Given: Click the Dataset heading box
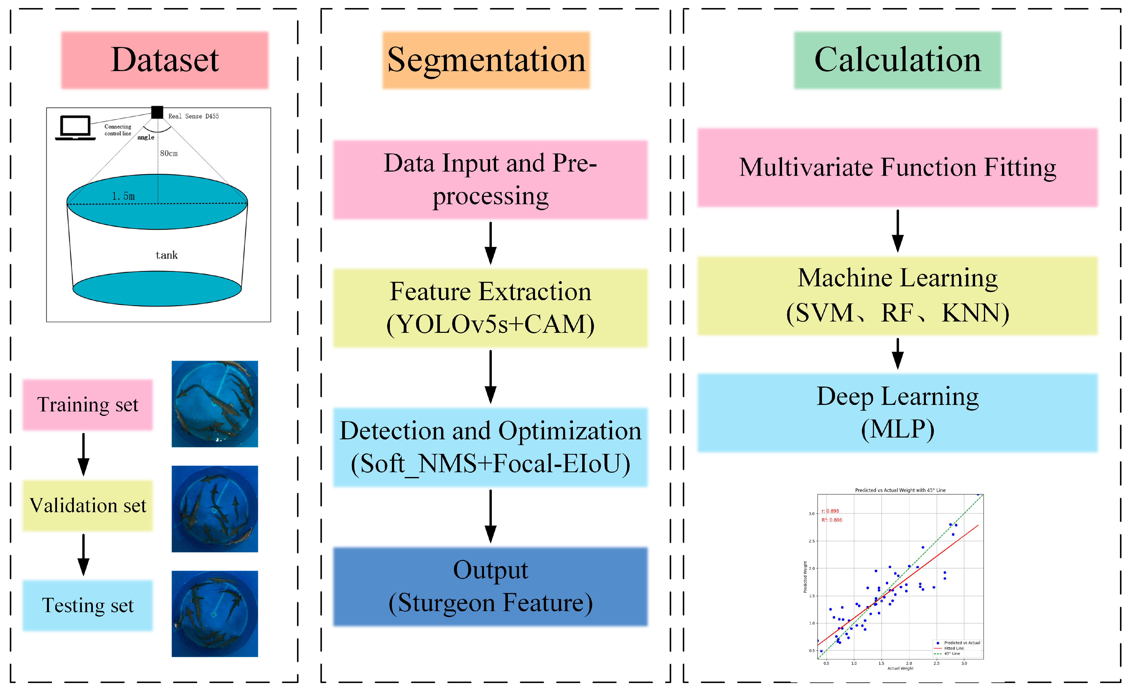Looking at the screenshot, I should coord(165,60).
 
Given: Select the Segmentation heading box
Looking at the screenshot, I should coord(486,60).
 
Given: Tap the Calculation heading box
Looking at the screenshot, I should coord(898,60).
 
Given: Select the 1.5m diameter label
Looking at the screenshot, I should coord(123,196).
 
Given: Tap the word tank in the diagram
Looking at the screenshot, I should coord(166,255).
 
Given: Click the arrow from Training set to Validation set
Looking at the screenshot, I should coord(83,454).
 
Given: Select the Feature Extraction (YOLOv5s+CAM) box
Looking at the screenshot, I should coord(490,308).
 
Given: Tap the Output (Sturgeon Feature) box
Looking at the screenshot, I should coord(490,587).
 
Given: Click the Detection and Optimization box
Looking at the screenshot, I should coord(490,447).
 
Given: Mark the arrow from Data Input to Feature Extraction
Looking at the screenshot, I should coord(490,243).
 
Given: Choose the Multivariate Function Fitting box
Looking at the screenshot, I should coord(898,168).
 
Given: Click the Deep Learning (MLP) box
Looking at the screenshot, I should coord(898,412).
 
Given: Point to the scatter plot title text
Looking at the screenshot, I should coord(900,490).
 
